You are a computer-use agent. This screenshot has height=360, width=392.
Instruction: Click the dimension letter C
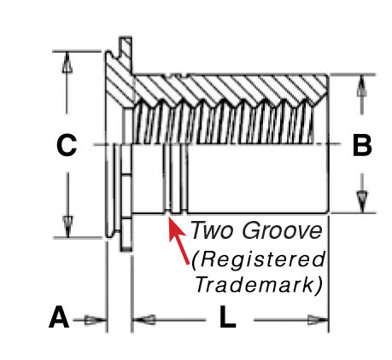point(67,145)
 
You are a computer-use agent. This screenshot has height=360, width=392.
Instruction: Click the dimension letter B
point(362,146)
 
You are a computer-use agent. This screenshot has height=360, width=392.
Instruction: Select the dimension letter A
point(59,316)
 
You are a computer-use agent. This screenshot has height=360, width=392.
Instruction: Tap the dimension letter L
point(227,316)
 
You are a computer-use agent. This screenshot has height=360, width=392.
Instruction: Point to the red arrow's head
point(175,228)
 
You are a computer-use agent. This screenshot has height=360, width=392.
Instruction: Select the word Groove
point(283,230)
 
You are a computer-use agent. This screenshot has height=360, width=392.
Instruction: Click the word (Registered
point(258,259)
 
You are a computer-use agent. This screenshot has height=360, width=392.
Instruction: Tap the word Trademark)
point(259,285)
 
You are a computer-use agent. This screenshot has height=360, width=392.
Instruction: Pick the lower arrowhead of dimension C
point(67,226)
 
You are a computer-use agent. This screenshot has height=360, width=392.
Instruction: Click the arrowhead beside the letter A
point(96,320)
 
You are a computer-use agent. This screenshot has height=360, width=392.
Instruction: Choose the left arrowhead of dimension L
point(144,320)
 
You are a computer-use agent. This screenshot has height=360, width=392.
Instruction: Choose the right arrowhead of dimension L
point(319,320)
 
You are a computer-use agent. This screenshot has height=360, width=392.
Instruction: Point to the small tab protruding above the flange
point(126,54)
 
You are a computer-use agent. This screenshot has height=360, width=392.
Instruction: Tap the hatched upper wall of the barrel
point(231,89)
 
